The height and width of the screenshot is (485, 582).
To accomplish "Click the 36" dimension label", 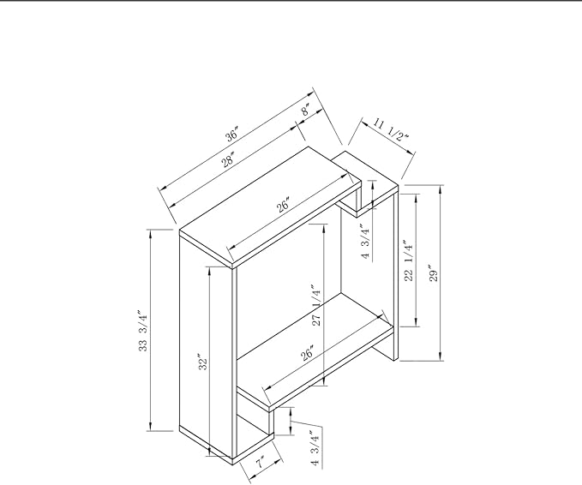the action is [232, 134].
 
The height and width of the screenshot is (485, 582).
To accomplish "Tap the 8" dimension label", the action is [305, 111].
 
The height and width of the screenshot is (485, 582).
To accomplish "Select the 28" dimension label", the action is [228, 159].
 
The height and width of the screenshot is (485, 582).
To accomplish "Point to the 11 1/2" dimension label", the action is [390, 129].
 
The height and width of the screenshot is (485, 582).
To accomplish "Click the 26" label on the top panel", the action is [283, 205].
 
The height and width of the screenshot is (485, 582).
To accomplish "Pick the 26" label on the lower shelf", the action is [307, 353].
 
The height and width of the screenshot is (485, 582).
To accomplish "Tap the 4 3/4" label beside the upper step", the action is [365, 243].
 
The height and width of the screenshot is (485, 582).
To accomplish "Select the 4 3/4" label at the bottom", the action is [315, 447].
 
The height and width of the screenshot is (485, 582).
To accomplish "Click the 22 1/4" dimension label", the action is [408, 260].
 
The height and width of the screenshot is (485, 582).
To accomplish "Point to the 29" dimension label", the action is [434, 273].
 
